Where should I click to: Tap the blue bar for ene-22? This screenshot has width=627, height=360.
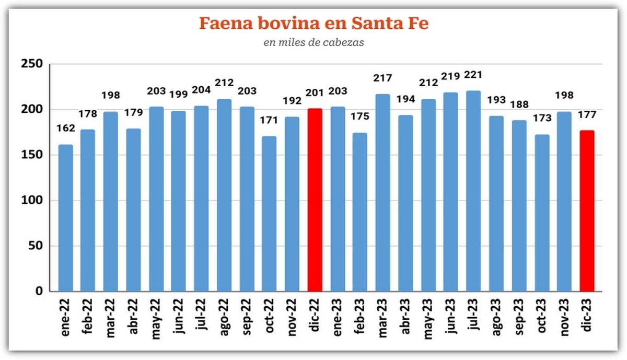[65, 218]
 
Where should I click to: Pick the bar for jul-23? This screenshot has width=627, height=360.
[473, 191]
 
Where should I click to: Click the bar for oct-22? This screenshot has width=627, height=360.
[269, 214]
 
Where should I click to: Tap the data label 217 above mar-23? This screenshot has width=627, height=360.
[383, 79]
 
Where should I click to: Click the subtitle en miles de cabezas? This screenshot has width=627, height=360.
[313, 43]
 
